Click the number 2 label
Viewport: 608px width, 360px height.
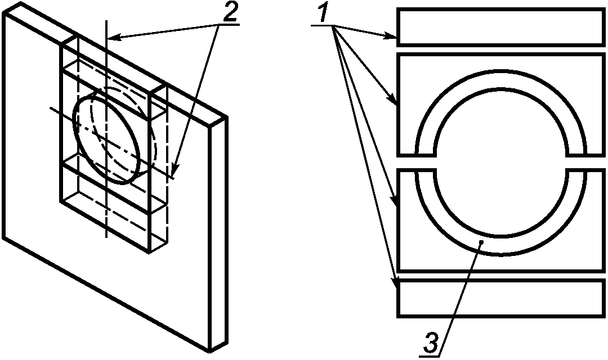click(229, 13)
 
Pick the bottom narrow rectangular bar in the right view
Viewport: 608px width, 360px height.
click(500, 298)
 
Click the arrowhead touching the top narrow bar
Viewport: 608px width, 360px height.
click(391, 37)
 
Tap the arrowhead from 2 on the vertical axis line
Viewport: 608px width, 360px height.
click(114, 37)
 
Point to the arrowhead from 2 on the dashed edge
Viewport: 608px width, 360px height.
click(175, 170)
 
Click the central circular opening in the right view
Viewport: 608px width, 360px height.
click(500, 162)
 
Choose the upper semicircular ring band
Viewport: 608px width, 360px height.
click(500, 79)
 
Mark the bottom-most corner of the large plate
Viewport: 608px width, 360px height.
click(210, 353)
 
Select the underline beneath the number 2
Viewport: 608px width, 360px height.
click(229, 25)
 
